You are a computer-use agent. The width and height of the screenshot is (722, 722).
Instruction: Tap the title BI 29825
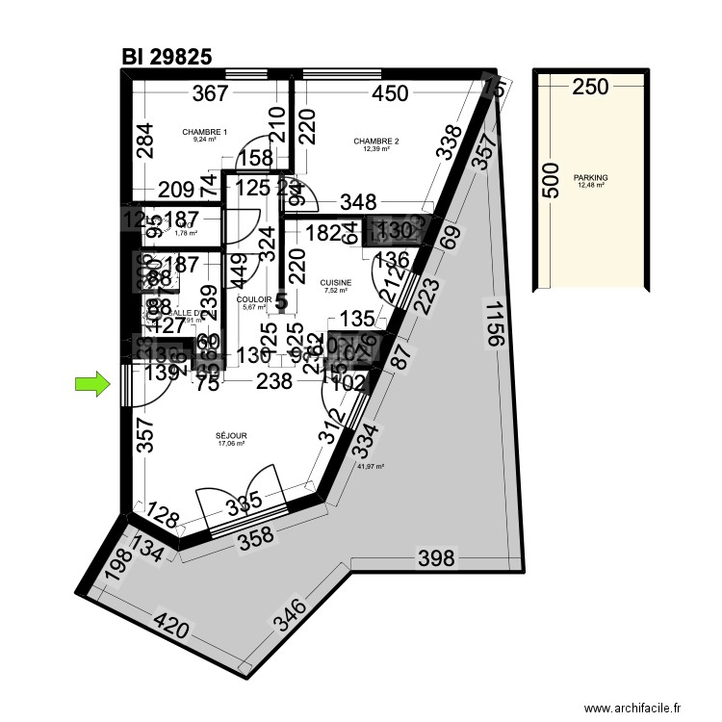click(x=167, y=59)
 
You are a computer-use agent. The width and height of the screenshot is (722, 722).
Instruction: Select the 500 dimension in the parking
click(x=550, y=180)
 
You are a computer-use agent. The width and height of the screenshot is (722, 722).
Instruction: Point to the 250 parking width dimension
click(x=590, y=88)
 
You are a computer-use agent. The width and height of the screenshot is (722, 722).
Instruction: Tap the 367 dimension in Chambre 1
click(x=210, y=93)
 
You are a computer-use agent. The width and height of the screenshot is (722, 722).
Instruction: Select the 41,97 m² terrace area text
click(x=371, y=467)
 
